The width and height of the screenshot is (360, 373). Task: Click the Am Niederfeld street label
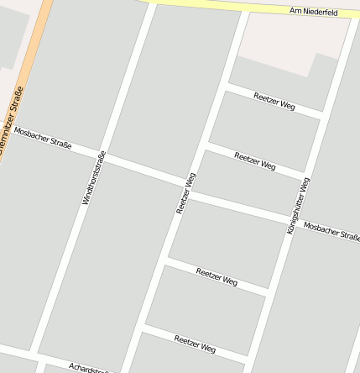coord(312,12)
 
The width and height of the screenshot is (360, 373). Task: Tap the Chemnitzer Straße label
coord(10,123)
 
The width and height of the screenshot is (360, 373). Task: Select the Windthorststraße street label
coord(93,178)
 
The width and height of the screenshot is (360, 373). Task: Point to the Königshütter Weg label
coord(299,205)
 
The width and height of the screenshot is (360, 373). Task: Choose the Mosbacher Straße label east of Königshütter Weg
coord(331,230)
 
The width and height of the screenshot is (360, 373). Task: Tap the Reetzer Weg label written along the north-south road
coord(186,193)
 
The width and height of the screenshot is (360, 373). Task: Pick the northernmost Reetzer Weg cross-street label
coord(274,102)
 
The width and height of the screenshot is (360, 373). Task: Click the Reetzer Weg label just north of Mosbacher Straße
coord(255,160)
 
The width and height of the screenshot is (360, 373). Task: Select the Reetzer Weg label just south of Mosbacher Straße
coord(217,276)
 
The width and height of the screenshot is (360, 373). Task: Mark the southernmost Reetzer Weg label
coord(195,343)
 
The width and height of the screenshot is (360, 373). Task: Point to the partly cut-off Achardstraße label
coord(89,368)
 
